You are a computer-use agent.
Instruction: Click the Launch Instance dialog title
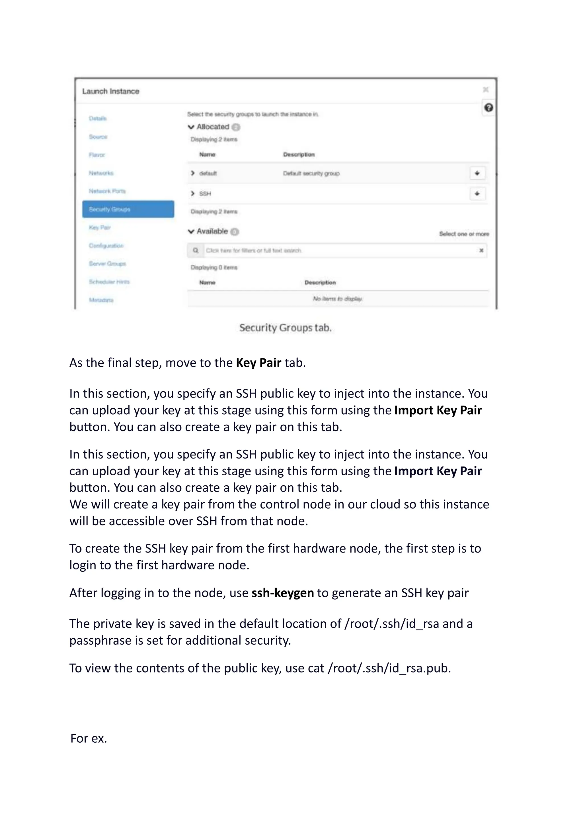[110, 91]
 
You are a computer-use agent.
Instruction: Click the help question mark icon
[488, 107]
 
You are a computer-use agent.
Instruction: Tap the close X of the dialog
[486, 89]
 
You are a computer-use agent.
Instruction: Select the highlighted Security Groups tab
[128, 209]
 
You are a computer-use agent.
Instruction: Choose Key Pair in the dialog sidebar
[100, 227]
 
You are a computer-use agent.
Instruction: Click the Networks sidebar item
[101, 173]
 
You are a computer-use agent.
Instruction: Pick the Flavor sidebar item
[97, 155]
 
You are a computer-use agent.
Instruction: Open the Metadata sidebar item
[101, 300]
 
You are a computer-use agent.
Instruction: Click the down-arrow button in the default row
[477, 173]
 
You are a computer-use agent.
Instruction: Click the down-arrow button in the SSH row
[477, 194]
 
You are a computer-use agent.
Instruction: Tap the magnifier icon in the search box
[196, 250]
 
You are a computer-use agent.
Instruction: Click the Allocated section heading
[213, 127]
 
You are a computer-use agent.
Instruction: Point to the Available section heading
[212, 231]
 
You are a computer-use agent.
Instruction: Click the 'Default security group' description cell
[311, 174]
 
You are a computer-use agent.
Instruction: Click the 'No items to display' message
[337, 299]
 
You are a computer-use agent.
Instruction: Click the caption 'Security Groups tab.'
[286, 328]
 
